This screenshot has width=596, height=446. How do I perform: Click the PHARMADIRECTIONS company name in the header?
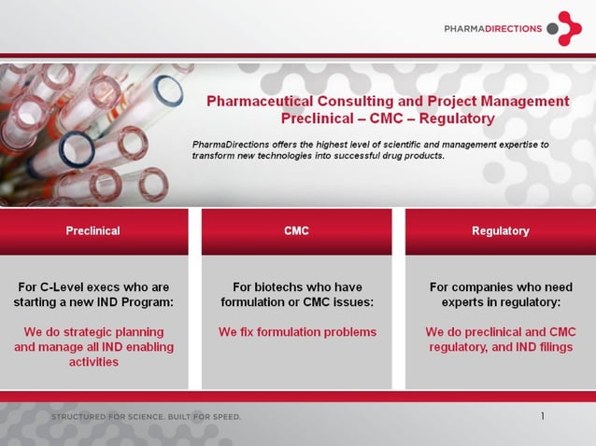[x=493, y=29]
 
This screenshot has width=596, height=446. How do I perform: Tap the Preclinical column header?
[x=92, y=230]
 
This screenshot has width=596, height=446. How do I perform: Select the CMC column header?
[x=296, y=230]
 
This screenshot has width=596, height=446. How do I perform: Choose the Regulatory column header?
[x=500, y=230]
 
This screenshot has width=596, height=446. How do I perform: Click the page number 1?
[x=543, y=416]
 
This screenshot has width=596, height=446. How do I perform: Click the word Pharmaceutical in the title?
[x=260, y=101]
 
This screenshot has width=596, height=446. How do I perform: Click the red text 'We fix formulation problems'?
[x=297, y=332]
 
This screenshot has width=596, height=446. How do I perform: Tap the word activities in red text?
[x=93, y=362]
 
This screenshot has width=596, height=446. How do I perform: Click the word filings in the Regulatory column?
[x=540, y=347]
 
